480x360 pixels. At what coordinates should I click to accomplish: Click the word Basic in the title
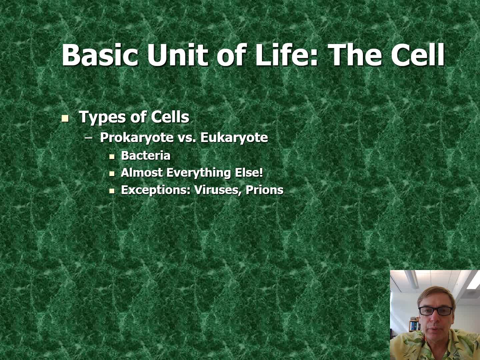100,55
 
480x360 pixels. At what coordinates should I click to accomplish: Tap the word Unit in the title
177,55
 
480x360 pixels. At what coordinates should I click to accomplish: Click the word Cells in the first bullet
170,117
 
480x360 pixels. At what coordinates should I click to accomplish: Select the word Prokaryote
137,138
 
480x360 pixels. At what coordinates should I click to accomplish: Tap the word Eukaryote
234,138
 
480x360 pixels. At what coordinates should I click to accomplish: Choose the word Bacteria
145,155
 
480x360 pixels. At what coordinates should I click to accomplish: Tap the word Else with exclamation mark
249,173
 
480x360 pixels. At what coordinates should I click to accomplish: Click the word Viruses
218,190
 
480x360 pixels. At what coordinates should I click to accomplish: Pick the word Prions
264,190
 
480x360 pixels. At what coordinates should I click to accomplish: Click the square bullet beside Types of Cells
65,118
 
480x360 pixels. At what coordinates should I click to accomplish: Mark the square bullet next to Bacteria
112,157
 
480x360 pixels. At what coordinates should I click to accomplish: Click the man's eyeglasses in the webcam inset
436,311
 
